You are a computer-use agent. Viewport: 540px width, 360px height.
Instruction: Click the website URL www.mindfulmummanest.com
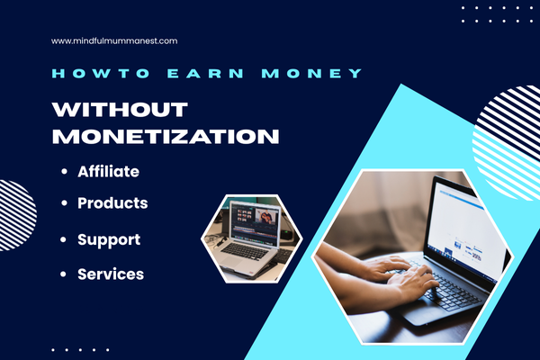(114, 40)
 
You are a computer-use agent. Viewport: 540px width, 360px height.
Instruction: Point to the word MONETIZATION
(165, 138)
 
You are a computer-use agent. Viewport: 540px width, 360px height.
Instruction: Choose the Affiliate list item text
(108, 170)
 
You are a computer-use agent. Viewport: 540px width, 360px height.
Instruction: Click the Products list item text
(112, 203)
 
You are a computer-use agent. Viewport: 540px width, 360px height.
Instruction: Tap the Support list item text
(108, 240)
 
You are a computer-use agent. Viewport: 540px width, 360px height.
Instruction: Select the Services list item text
(111, 274)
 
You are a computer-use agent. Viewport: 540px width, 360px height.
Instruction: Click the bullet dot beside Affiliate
(64, 171)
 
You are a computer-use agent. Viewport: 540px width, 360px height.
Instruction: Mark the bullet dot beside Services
(64, 274)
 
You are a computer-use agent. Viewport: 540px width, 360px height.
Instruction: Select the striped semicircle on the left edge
(16, 214)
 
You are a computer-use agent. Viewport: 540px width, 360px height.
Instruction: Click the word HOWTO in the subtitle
(82, 73)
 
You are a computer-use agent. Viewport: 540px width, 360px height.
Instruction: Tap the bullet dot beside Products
(64, 204)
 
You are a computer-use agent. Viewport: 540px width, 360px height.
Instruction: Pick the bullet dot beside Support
(64, 241)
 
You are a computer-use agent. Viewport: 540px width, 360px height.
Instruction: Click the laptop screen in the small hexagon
(255, 221)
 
